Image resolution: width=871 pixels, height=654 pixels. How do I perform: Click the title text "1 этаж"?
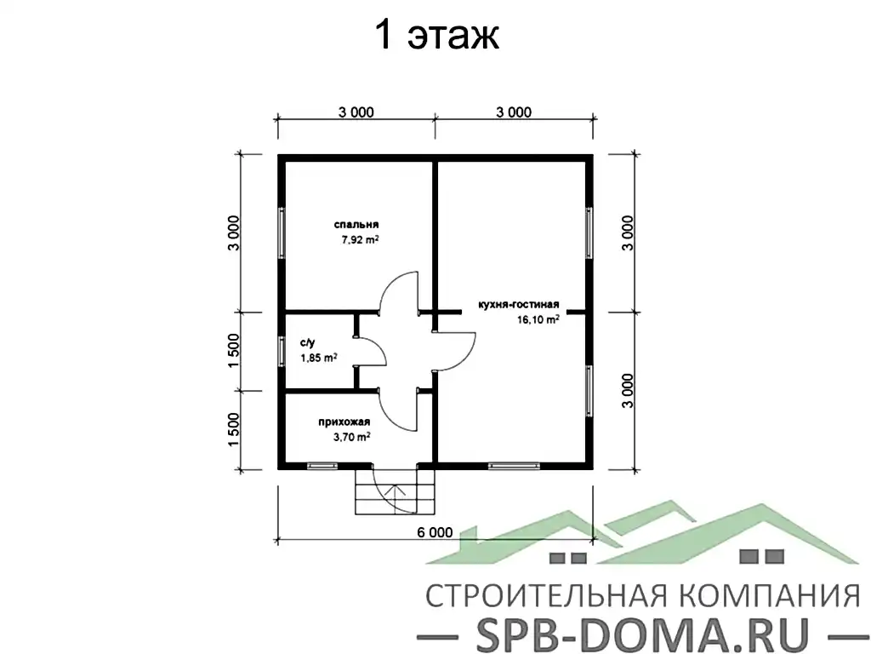tap(435, 37)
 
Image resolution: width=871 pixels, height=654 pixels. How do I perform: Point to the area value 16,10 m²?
tap(537, 320)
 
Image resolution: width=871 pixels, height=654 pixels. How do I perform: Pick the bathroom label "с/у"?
tap(307, 343)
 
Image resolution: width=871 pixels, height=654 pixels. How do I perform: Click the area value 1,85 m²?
tap(319, 359)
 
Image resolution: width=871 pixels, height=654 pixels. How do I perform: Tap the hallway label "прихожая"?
tap(344, 422)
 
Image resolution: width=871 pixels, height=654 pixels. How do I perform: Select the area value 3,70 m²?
tap(351, 437)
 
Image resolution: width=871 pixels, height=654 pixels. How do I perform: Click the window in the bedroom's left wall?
tap(282, 232)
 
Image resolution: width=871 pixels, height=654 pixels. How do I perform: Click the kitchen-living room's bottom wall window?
tap(515, 466)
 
